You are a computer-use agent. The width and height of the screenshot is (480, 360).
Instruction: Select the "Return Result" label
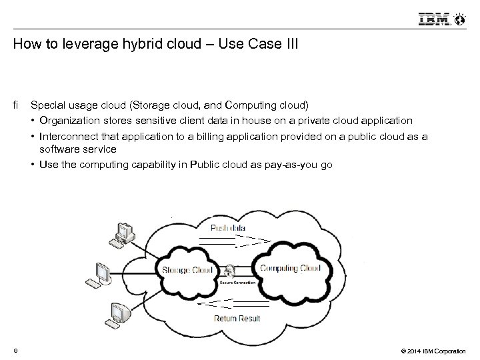[x=237, y=318]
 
